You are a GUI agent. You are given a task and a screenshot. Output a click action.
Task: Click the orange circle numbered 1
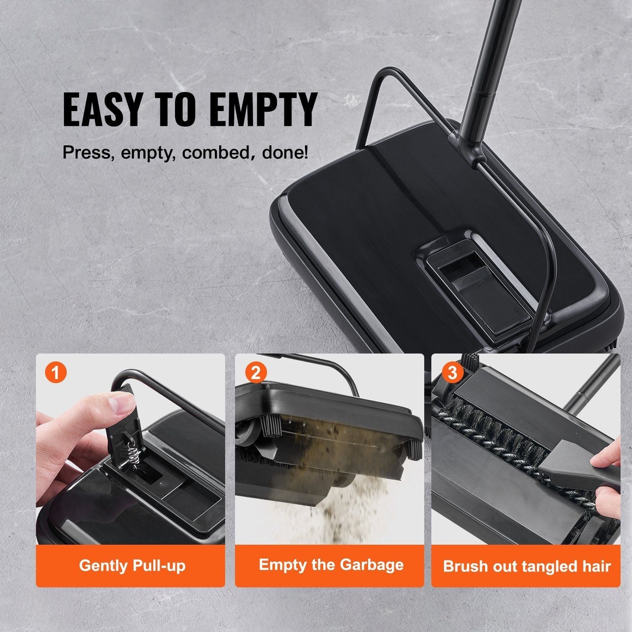[x=56, y=373]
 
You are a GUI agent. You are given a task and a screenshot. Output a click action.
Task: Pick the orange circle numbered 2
[x=256, y=373]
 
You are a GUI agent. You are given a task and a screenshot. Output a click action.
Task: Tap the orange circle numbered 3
[x=452, y=373]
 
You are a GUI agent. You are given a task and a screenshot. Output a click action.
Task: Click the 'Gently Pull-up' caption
[x=132, y=566]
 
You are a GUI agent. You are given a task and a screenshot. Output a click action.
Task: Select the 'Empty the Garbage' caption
[x=331, y=565]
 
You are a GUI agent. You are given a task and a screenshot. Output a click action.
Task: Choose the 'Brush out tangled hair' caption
[x=527, y=566]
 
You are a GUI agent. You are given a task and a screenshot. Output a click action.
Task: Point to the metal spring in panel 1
[x=132, y=454]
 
